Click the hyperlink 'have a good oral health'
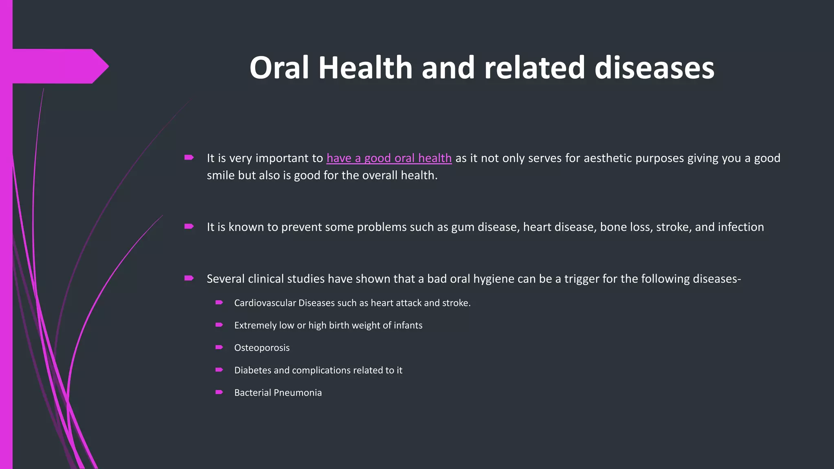pos(389,158)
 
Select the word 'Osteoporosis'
pos(262,348)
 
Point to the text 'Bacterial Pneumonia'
pos(278,392)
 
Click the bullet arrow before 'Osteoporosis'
pos(219,347)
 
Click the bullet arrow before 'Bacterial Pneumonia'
pos(219,392)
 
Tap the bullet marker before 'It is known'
pos(189,226)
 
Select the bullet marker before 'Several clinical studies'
pos(189,278)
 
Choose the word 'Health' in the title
pos(365,68)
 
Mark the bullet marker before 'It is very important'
pos(189,157)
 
